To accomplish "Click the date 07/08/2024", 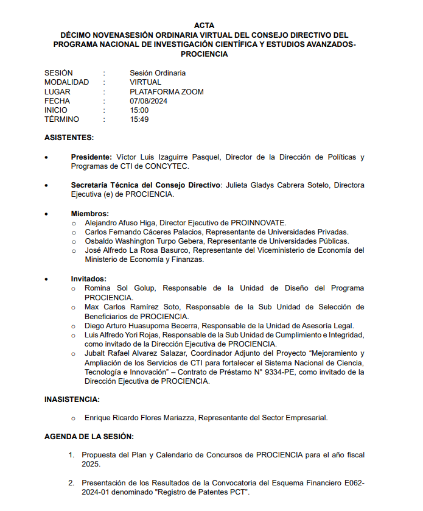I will (x=149, y=101).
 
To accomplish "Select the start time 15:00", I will (x=139, y=110).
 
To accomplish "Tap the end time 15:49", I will (x=139, y=119).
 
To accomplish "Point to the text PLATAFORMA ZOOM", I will (x=167, y=92).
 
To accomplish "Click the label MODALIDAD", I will (x=66, y=82).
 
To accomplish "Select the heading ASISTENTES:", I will (x=69, y=138).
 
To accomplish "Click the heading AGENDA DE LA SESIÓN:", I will (x=89, y=437).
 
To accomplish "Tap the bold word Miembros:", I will (x=90, y=214).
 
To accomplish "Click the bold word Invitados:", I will (x=89, y=279).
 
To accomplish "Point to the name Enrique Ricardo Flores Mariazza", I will (x=140, y=418).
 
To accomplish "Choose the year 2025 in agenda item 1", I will (x=90, y=464).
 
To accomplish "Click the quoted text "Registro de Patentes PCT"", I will (x=204, y=492).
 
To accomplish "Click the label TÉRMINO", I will (x=61, y=119).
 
